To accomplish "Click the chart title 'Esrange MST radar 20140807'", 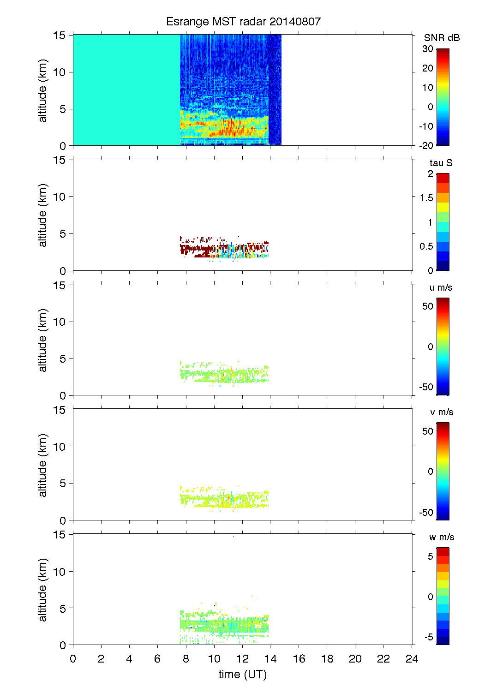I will click(x=243, y=22).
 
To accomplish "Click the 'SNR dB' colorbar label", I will click(x=442, y=38).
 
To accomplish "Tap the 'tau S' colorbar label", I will click(x=441, y=163).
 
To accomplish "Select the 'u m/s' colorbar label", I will click(x=441, y=287).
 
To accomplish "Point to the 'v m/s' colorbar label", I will click(x=441, y=412).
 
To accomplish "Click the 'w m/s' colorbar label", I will click(x=442, y=537).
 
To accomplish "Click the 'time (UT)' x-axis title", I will click(x=243, y=674).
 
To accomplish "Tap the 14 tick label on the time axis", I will click(x=270, y=659).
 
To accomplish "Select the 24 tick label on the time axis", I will click(x=412, y=659).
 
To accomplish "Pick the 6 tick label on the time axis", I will click(x=157, y=659).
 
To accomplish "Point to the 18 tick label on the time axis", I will click(x=327, y=659).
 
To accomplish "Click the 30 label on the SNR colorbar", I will click(x=428, y=49).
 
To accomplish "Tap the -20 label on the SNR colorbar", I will click(x=426, y=145).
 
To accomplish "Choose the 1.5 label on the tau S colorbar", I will click(x=426, y=198).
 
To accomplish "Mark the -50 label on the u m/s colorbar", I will click(x=426, y=387).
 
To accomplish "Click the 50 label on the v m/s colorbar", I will click(x=428, y=431).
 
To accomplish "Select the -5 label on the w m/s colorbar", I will click(x=429, y=637).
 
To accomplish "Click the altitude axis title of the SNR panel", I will click(x=43, y=90).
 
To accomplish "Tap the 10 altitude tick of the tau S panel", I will click(x=60, y=197).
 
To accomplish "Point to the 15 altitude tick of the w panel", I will click(x=60, y=534).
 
